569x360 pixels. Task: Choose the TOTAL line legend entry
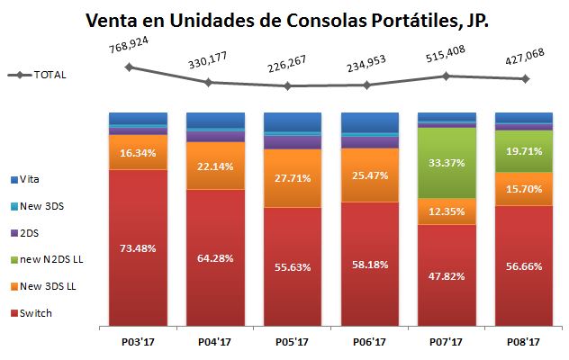[x=36, y=75]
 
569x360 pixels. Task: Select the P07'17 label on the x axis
[x=447, y=341]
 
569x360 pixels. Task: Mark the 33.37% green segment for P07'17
[x=447, y=163]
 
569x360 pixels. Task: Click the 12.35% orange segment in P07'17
[x=447, y=211]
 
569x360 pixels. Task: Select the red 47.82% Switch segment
[x=447, y=277]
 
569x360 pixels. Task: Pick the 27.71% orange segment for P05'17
[x=292, y=178]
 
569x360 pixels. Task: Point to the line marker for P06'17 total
[x=368, y=85]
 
